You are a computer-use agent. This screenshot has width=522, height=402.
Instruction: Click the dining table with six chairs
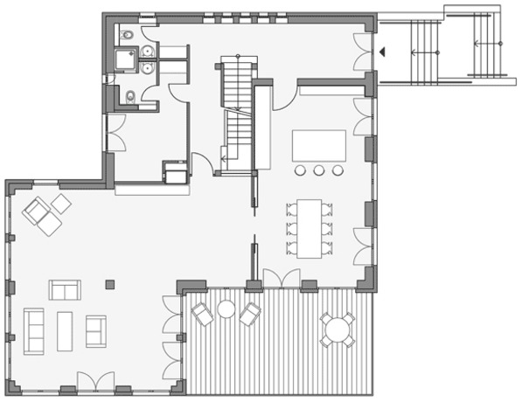pos(310,228)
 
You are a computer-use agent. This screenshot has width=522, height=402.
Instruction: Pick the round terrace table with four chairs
pos(337,329)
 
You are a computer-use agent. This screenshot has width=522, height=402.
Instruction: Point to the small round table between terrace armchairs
pos(226,308)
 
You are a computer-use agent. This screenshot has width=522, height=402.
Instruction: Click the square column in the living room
pos(110,283)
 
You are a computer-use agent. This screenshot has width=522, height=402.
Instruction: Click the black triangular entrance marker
pos(382,52)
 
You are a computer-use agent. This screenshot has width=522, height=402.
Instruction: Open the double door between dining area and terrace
pos(282,279)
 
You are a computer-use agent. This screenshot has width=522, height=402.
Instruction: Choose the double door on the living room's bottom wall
pos(96,381)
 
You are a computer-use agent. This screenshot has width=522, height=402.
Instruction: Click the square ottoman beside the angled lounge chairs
pos(61,203)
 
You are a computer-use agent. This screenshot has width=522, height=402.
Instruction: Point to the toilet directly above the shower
pos(128,35)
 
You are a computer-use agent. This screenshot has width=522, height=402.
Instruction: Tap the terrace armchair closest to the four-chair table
pos(250,313)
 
